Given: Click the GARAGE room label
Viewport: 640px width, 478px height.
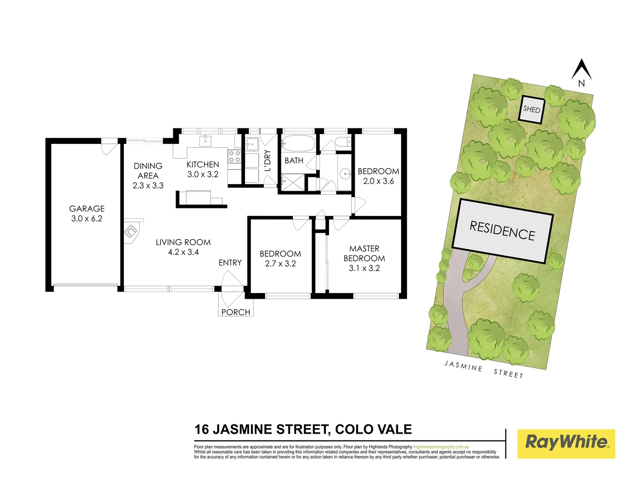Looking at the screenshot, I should [x=87, y=208].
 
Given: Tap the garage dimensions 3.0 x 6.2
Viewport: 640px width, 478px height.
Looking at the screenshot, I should [x=87, y=219].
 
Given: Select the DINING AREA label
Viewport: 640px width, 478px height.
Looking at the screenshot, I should [x=148, y=171].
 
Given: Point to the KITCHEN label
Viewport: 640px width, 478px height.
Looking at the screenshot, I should [x=203, y=164].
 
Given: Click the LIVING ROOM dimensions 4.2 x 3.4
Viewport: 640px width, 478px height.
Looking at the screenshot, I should [x=183, y=252].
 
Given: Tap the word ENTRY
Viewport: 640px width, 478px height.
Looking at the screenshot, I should [x=230, y=263].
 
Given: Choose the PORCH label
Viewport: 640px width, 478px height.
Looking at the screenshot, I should [x=236, y=312].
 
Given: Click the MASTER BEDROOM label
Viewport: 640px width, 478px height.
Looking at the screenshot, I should [x=364, y=254].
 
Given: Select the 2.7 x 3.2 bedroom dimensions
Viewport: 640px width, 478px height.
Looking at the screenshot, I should [x=280, y=264].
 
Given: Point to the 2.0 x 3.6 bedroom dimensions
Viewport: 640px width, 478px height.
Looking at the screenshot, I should [x=378, y=181].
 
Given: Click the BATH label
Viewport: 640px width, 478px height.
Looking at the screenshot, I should [x=294, y=161].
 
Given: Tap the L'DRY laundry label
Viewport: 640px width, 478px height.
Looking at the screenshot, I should [x=268, y=160].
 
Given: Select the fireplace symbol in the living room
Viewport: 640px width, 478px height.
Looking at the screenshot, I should [x=131, y=231].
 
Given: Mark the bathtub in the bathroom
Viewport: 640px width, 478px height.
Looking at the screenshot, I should [x=298, y=143].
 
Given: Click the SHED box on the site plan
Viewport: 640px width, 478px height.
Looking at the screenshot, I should [x=531, y=109].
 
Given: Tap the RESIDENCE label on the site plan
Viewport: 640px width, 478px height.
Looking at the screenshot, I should [x=502, y=231].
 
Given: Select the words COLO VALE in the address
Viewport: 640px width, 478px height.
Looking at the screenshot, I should [x=373, y=429].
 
